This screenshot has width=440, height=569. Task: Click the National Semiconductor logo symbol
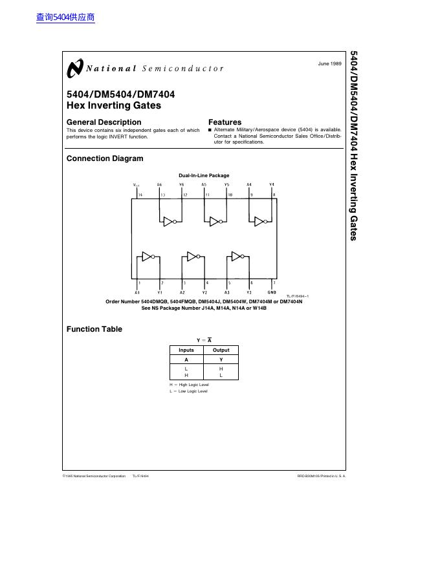[75, 67]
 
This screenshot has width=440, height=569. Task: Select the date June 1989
[329, 63]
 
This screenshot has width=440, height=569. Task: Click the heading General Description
[104, 122]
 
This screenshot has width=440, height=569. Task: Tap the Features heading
[225, 122]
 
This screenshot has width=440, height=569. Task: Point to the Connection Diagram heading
[105, 158]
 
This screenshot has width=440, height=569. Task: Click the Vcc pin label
[137, 185]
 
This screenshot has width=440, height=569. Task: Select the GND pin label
[272, 292]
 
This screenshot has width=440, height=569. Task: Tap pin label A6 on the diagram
[159, 185]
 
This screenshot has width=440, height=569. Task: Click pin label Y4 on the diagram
[272, 185]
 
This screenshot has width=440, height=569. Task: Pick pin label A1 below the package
[137, 292]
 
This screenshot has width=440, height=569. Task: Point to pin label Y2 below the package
[204, 292]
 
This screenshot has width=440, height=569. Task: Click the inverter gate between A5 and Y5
[215, 222]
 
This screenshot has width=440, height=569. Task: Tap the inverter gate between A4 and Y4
[260, 222]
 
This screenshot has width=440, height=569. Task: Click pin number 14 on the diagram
[140, 194]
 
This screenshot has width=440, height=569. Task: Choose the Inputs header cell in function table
[186, 350]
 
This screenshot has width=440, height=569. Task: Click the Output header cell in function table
[221, 350]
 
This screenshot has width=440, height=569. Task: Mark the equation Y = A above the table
[204, 340]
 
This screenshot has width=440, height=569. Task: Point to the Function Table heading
[94, 329]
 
